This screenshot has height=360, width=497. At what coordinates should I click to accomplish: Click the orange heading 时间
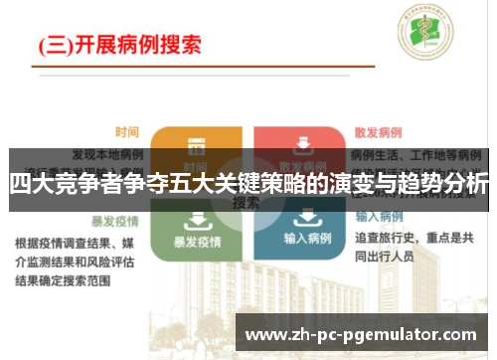click(x=126, y=131)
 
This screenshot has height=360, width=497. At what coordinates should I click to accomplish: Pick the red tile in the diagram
click(x=297, y=145)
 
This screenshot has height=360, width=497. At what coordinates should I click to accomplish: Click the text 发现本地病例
click(x=108, y=155)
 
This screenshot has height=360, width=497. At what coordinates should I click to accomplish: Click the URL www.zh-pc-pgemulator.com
click(x=360, y=335)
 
